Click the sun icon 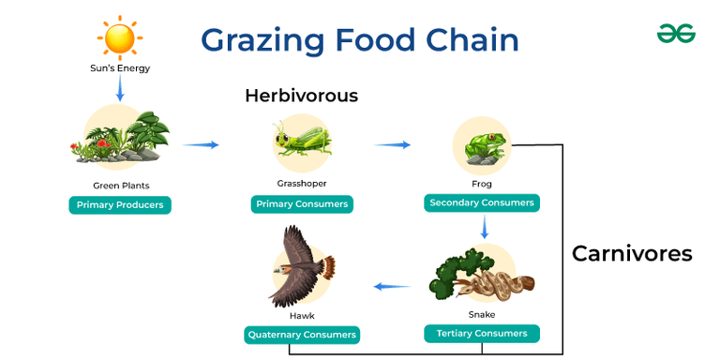click(x=121, y=37)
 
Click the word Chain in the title click(x=472, y=39)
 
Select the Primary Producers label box click(x=120, y=205)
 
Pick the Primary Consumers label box click(x=302, y=204)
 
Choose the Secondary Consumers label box click(x=482, y=202)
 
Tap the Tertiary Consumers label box click(x=482, y=334)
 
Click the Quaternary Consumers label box click(x=302, y=335)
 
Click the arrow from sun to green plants click(x=120, y=89)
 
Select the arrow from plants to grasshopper click(x=201, y=144)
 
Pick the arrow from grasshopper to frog click(x=392, y=144)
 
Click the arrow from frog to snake click(x=483, y=228)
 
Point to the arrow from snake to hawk click(x=392, y=286)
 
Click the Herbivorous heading click(x=301, y=96)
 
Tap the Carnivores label click(x=632, y=253)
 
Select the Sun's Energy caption click(x=120, y=67)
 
